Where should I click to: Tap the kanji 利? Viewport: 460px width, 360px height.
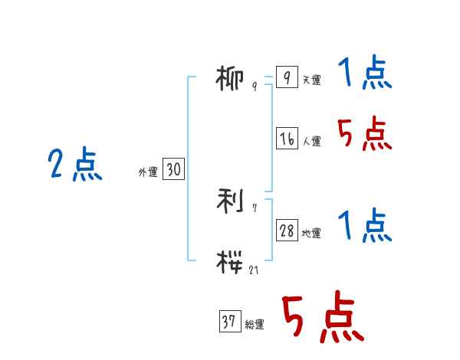pyautogui.click(x=232, y=201)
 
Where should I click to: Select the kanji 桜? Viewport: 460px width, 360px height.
pyautogui.click(x=232, y=260)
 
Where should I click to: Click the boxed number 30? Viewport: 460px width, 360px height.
pyautogui.click(x=173, y=170)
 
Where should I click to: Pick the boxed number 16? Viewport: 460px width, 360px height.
pyautogui.click(x=287, y=139)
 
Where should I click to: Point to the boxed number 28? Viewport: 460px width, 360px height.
pyautogui.click(x=287, y=231)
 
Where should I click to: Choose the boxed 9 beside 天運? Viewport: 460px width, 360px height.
pyautogui.click(x=286, y=78)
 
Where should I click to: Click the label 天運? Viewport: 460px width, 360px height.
pyautogui.click(x=311, y=80)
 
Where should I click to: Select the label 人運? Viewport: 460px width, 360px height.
pyautogui.click(x=311, y=142)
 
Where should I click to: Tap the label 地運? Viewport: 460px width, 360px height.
pyautogui.click(x=311, y=234)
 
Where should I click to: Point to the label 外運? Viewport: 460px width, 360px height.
pyautogui.click(x=148, y=173)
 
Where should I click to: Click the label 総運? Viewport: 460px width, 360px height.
pyautogui.click(x=255, y=325)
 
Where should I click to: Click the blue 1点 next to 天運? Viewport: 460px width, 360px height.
pyautogui.click(x=365, y=74)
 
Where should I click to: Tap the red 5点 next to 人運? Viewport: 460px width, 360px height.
pyautogui.click(x=365, y=136)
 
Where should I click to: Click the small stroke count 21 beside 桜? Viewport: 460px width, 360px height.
pyautogui.click(x=255, y=270)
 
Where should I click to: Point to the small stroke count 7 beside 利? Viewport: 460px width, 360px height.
pyautogui.click(x=255, y=208)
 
